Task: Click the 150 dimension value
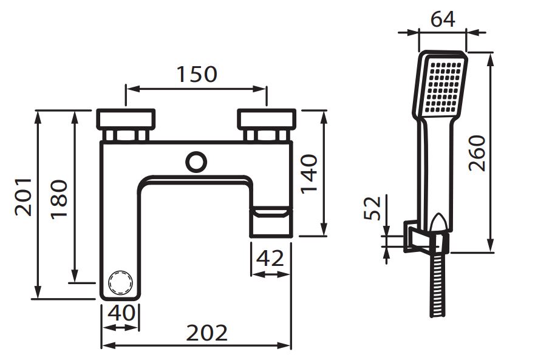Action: click(x=197, y=75)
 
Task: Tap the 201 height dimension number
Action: click(x=23, y=197)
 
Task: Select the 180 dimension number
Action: click(x=59, y=199)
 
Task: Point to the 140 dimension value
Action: click(x=310, y=174)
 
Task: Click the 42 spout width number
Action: click(x=270, y=258)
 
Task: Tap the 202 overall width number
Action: click(x=206, y=333)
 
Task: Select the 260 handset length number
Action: click(x=477, y=153)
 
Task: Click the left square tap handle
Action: click(x=126, y=120)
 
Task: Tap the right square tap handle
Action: click(x=267, y=120)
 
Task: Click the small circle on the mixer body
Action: click(x=196, y=161)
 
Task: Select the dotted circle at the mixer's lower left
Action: click(x=120, y=282)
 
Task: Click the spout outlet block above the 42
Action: click(x=271, y=222)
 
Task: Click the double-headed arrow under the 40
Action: click(x=121, y=327)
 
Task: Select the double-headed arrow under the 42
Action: click(x=271, y=274)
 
